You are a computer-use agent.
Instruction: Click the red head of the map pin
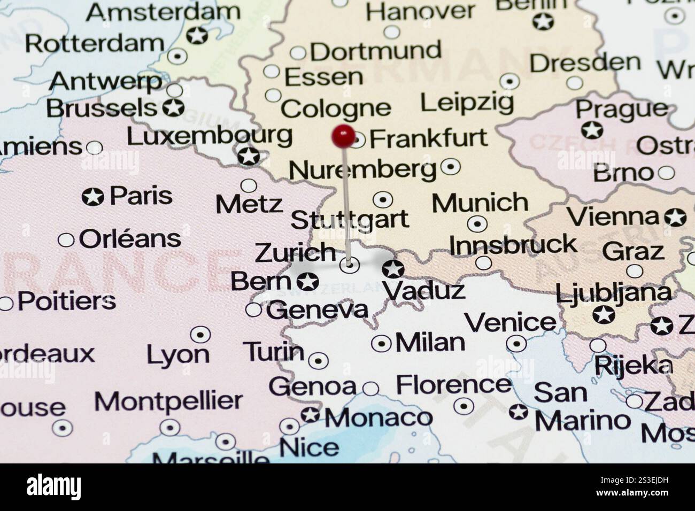click(343, 136)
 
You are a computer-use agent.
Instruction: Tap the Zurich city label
click(295, 253)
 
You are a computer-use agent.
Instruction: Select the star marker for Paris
click(93, 197)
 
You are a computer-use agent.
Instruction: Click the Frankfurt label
click(428, 138)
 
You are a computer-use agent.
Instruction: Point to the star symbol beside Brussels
click(173, 107)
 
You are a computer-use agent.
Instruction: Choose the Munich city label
click(480, 203)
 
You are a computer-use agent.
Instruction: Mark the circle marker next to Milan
click(381, 343)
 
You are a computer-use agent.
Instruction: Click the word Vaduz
click(423, 291)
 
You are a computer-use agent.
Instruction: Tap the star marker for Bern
click(308, 281)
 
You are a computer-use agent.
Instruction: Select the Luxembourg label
click(209, 136)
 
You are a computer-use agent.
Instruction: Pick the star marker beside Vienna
click(675, 217)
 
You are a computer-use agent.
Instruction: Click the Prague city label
click(621, 110)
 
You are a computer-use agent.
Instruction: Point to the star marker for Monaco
click(310, 415)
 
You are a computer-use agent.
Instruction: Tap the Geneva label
click(318, 311)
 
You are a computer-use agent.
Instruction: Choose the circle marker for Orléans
click(66, 240)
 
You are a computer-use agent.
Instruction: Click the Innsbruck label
click(513, 245)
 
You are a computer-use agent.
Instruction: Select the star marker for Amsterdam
click(197, 36)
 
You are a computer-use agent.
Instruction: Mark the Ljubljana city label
click(613, 293)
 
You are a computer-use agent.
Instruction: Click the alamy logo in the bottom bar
click(53, 486)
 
